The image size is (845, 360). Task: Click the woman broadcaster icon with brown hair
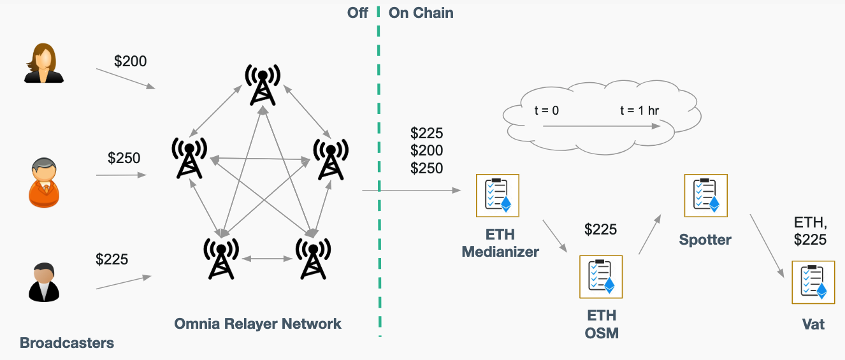(44, 63)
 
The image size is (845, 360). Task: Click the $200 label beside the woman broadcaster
(130, 61)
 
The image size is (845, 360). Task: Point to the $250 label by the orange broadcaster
(124, 158)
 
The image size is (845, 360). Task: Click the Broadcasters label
(67, 343)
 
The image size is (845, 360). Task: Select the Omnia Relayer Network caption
(257, 324)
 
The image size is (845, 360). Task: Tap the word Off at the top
(357, 13)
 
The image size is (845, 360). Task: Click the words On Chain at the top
(421, 13)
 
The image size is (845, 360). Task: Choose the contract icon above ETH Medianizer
(498, 195)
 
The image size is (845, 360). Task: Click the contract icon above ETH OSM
(600, 277)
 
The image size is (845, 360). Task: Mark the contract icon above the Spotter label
(705, 195)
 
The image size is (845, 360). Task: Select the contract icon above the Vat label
(812, 282)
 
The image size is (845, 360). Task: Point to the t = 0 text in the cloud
(546, 110)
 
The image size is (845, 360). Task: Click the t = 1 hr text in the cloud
(639, 110)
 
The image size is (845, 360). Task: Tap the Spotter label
(705, 240)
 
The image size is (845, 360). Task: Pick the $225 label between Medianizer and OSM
(600, 229)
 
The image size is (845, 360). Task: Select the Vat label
(813, 324)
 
